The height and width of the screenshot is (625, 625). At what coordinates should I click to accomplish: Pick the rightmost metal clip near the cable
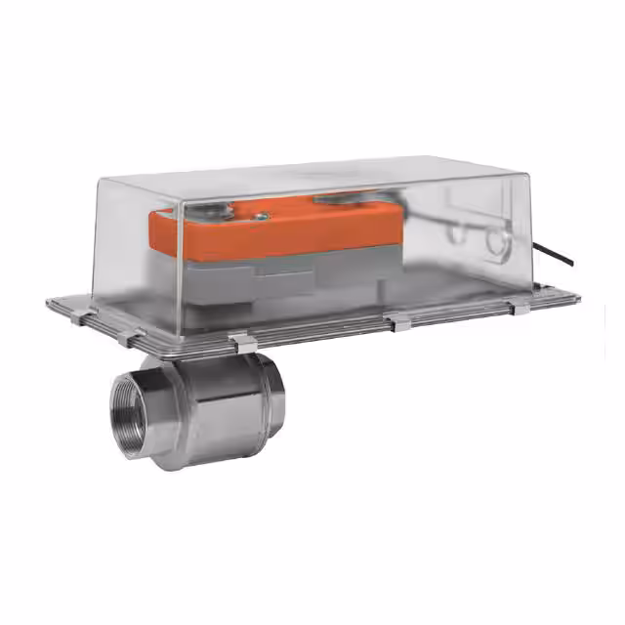coord(521,309)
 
